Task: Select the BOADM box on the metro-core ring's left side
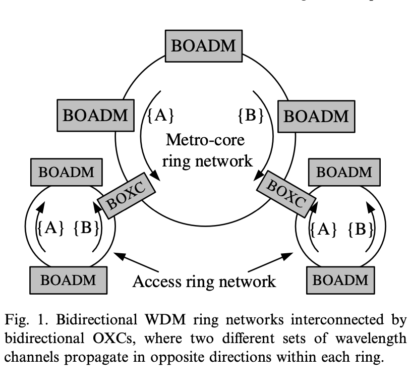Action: pyautogui.click(x=95, y=115)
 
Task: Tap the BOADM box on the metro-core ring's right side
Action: pyautogui.click(x=316, y=116)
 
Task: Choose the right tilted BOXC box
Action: pyautogui.click(x=283, y=194)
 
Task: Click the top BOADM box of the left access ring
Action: pyautogui.click(x=67, y=172)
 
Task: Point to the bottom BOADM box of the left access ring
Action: pyautogui.click(x=68, y=280)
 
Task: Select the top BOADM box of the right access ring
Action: pyautogui.click(x=344, y=172)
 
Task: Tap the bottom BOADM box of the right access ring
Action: pyautogui.click(x=343, y=280)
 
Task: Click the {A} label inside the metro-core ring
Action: pyautogui.click(x=161, y=116)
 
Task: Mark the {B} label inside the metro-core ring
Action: pyautogui.click(x=251, y=116)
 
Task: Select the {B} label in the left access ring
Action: pyautogui.click(x=85, y=229)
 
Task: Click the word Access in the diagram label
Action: pyautogui.click(x=158, y=281)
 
